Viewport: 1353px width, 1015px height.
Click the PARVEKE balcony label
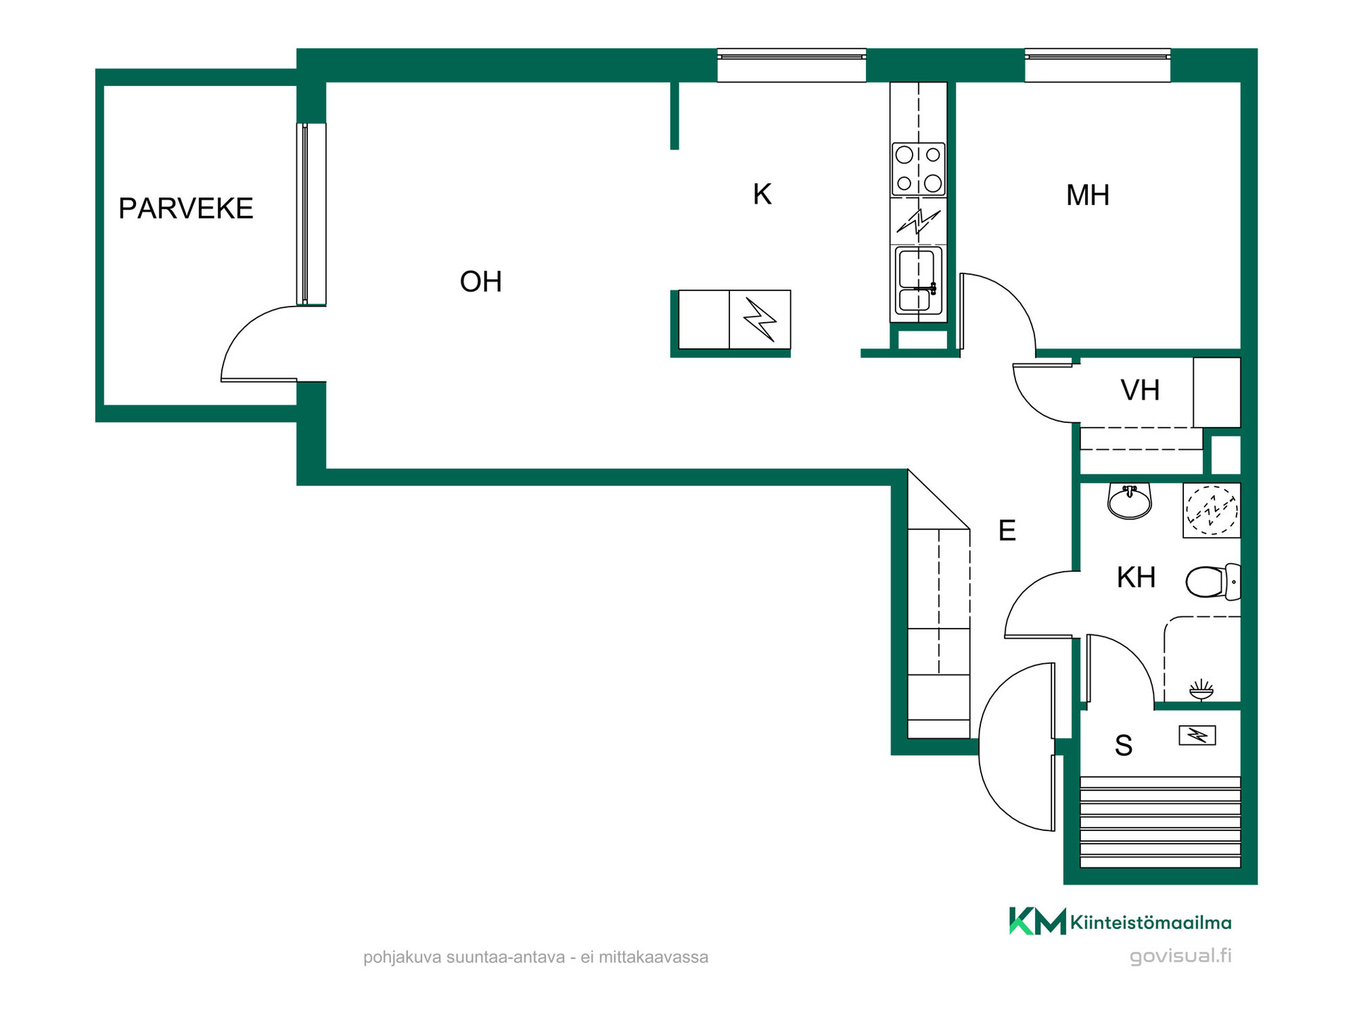point(185,209)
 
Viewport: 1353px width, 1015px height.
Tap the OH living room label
point(481,282)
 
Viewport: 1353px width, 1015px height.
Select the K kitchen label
point(762,194)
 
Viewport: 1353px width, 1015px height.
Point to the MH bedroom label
point(1087,195)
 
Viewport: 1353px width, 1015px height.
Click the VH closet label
point(1140,390)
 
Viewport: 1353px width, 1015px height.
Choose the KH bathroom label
point(1136,577)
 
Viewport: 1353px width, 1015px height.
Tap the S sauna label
point(1123,745)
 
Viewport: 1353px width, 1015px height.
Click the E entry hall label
point(1007,530)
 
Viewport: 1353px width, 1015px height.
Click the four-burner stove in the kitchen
point(918,169)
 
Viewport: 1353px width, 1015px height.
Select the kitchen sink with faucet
point(918,280)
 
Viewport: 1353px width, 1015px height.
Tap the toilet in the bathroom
point(1213,582)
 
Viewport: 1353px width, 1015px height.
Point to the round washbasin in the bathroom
point(1129,500)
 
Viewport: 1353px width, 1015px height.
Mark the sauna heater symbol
point(1197,736)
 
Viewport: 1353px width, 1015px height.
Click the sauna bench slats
point(1160,822)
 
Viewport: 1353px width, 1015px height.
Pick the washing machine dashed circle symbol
point(1211,510)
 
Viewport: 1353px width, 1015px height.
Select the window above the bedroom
point(1097,65)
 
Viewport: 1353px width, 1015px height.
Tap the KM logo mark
point(1037,921)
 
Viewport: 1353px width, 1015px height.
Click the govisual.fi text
point(1180,956)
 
